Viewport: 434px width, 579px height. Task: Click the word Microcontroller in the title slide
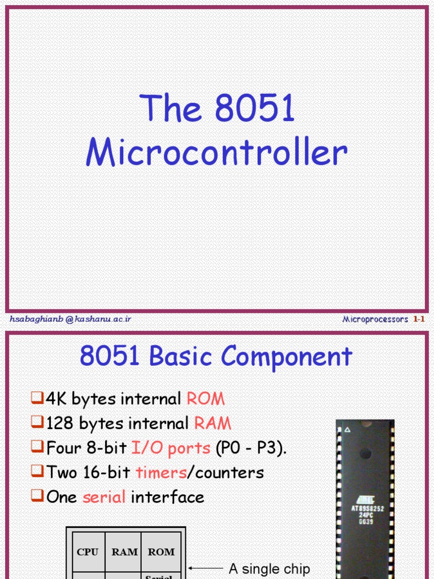pos(216,152)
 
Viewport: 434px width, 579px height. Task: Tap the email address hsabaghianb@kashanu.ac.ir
pos(71,319)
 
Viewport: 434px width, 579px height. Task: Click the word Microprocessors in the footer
pos(375,319)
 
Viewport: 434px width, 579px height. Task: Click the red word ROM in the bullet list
pos(206,399)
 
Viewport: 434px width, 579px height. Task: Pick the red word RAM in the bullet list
pos(212,424)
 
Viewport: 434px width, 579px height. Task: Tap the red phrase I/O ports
pos(171,448)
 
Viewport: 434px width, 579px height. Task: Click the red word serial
pos(104,498)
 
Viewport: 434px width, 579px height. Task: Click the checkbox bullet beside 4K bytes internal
pos(37,399)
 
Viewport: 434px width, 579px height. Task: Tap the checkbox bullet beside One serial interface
pos(37,497)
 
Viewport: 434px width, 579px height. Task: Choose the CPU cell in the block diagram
pos(87,552)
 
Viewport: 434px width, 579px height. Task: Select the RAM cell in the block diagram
pos(124,552)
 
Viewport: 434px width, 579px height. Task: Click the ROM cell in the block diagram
pos(161,552)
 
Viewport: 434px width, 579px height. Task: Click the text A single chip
pos(270,569)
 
